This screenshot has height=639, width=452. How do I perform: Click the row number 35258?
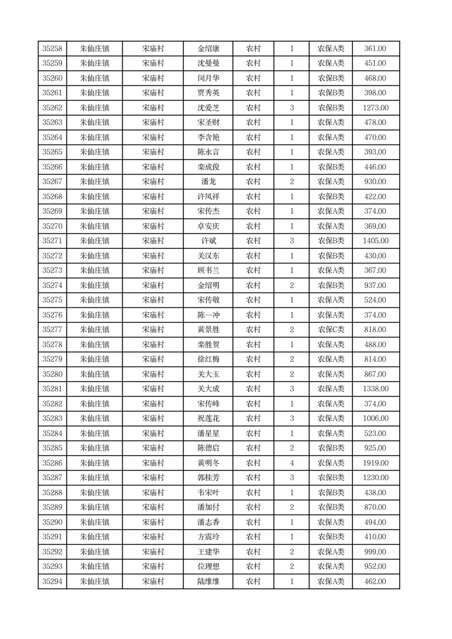click(52, 48)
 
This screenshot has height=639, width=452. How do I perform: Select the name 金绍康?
click(208, 48)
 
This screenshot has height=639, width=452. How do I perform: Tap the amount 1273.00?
click(376, 108)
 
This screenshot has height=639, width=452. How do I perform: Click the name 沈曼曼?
click(208, 63)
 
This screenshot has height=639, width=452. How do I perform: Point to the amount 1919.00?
click(376, 463)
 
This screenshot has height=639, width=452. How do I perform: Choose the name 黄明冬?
click(208, 463)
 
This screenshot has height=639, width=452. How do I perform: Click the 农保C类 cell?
click(331, 330)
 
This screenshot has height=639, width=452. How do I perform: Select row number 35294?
click(52, 581)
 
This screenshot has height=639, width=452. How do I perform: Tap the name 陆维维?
click(208, 581)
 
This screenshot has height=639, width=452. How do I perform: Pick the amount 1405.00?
click(376, 241)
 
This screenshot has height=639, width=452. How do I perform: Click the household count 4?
click(292, 463)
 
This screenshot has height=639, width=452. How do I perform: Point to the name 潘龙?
click(208, 182)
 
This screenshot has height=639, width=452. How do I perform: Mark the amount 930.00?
click(376, 182)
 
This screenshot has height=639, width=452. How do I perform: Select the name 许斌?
click(208, 241)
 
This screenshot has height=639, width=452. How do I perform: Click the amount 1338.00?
click(376, 389)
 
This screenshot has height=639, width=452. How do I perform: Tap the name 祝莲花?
click(208, 419)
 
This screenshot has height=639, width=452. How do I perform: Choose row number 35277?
click(52, 330)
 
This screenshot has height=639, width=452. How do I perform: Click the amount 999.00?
click(376, 552)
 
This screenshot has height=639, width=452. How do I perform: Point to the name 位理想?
click(208, 567)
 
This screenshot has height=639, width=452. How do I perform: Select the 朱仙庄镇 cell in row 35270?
click(94, 226)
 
